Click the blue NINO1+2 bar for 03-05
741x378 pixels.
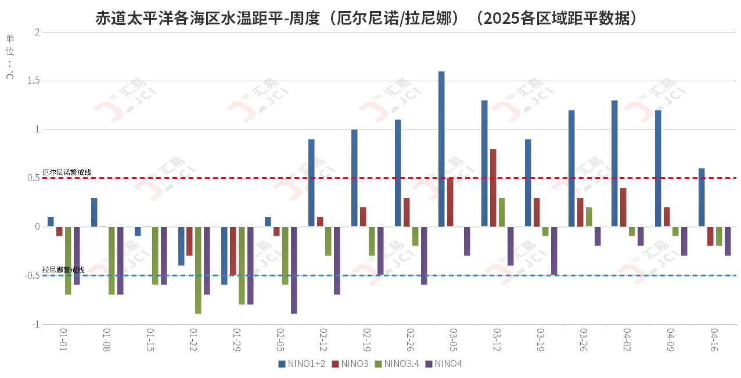coord(441,149)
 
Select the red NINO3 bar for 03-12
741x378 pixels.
coord(493,188)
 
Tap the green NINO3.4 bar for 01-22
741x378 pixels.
coord(198,270)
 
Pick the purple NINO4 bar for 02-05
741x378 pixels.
coord(294,270)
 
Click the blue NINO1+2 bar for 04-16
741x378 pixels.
coord(702,197)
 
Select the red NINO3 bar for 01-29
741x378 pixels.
coord(233,251)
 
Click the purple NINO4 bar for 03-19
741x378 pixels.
coord(554,251)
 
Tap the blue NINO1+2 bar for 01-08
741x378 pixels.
coord(94,213)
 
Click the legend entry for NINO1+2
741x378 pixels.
coord(302,364)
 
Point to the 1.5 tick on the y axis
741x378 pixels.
coord(33,81)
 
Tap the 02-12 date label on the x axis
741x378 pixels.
coord(323,340)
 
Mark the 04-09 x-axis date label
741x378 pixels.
coord(671,340)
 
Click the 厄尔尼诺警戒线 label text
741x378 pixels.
coord(67,172)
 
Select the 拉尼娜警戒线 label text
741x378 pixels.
coord(63,270)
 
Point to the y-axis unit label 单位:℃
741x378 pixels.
coord(10,56)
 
